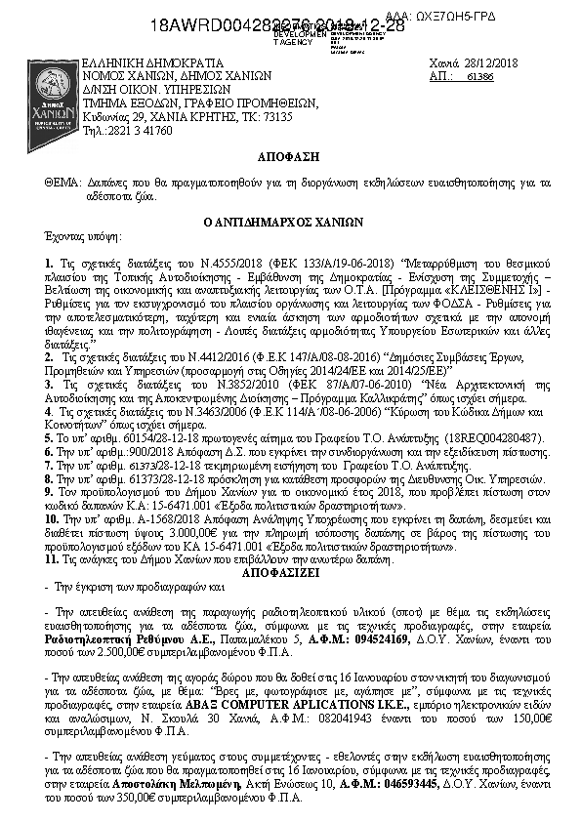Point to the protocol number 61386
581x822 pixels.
point(480,75)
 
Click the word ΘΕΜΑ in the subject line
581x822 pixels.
point(62,183)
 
